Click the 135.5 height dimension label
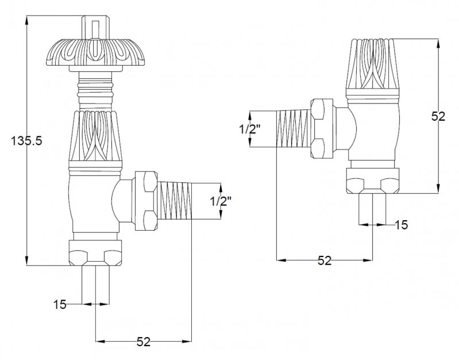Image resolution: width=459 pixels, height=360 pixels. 26,141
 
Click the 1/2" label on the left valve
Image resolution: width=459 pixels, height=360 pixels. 221,201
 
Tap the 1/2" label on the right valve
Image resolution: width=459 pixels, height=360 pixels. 250,129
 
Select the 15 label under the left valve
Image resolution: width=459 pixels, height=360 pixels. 60,305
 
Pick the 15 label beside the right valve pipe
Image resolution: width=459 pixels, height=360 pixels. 402,225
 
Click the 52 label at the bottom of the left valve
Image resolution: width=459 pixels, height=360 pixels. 144,342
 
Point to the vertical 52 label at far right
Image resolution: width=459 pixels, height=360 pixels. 438,117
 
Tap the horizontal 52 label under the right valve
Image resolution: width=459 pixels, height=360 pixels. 325,261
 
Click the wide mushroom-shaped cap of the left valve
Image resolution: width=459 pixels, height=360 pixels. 95,52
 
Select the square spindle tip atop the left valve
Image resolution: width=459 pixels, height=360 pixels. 95,26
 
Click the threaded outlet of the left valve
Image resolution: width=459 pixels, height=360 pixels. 175,201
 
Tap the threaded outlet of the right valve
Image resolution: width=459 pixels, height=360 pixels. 294,128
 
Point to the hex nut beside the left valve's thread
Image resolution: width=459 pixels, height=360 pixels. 144,201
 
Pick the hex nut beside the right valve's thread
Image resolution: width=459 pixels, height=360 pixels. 322,128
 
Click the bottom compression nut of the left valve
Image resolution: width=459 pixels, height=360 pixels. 95,252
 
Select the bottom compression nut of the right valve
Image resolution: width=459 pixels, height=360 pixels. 373,181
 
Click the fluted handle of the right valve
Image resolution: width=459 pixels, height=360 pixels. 373,68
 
